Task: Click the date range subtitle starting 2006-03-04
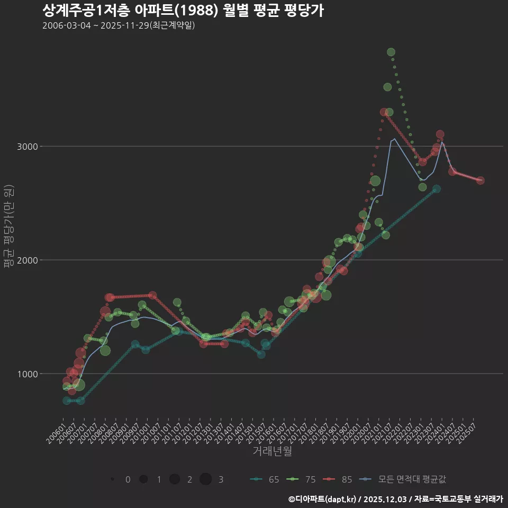(119, 25)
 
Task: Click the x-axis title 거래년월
(272, 451)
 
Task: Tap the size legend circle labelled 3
(206, 479)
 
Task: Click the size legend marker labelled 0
(112, 479)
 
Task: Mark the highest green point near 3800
(391, 52)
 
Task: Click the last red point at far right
(480, 180)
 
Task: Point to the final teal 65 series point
(437, 189)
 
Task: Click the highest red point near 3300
(384, 112)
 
